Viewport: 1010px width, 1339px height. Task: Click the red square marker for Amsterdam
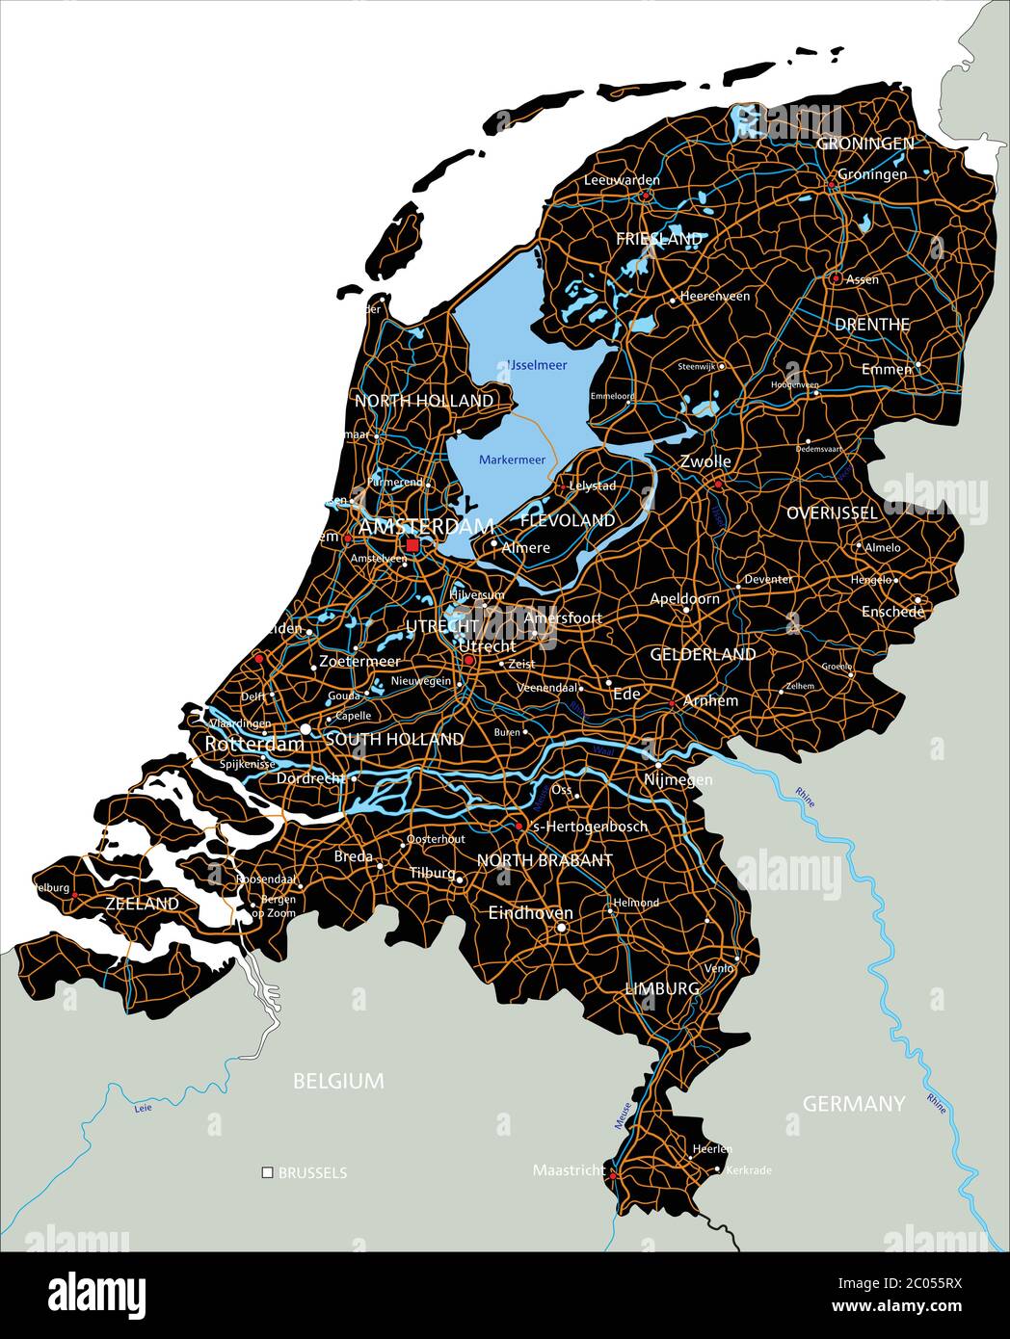click(412, 545)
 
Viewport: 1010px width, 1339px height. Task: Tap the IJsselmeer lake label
click(537, 365)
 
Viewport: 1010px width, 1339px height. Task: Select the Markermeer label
click(512, 459)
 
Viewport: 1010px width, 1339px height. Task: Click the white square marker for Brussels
click(267, 1172)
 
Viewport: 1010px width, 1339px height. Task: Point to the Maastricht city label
click(569, 1170)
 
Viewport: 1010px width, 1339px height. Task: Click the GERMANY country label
click(854, 1104)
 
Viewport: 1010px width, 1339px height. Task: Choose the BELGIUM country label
click(338, 1081)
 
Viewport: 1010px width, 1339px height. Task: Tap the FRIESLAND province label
click(659, 238)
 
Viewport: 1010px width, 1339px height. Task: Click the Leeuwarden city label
click(622, 180)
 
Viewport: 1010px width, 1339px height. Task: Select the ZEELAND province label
click(142, 904)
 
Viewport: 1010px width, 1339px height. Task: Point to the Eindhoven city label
click(530, 912)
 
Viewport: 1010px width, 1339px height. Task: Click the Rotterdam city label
click(254, 744)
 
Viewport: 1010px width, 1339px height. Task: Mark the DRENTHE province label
click(871, 325)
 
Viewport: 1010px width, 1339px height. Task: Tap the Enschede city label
click(892, 612)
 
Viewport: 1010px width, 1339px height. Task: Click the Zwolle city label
click(705, 461)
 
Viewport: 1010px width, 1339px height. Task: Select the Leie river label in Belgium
click(144, 1108)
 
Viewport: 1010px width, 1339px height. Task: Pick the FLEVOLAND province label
click(567, 520)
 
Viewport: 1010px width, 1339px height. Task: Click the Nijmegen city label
click(678, 779)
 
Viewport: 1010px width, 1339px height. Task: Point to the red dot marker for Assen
click(836, 278)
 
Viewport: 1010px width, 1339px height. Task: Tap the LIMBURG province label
click(662, 988)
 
